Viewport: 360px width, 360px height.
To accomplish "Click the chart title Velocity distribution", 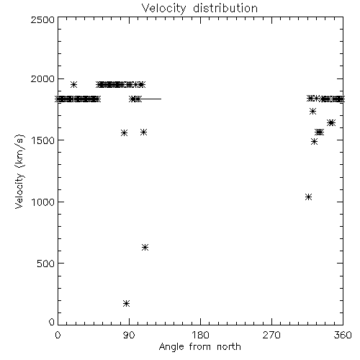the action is click(x=199, y=8).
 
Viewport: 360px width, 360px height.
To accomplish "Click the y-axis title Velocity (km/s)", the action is click(x=19, y=171).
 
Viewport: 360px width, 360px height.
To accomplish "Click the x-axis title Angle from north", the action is click(x=199, y=347).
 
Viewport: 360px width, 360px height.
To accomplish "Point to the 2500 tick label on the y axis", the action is click(x=42, y=19).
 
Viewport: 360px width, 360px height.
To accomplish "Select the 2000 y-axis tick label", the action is click(x=42, y=78).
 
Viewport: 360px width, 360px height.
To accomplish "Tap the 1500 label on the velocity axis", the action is click(x=43, y=140).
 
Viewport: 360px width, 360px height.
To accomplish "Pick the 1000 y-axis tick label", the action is click(x=43, y=202).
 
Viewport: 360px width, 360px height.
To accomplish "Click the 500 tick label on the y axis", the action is click(x=45, y=264).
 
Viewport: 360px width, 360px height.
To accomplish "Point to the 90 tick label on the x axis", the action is click(x=129, y=335).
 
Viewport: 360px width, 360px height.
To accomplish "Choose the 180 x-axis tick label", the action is click(x=200, y=335).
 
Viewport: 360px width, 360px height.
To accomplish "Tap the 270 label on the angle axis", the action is click(x=271, y=335).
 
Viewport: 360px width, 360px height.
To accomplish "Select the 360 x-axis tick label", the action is click(x=343, y=335).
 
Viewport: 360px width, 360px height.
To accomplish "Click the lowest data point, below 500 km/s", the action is click(x=126, y=304).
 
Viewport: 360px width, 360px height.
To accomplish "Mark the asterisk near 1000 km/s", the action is click(x=309, y=197).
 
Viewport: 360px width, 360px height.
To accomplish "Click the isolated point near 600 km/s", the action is click(x=145, y=247).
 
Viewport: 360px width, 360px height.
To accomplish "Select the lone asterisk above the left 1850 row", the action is click(x=73, y=84).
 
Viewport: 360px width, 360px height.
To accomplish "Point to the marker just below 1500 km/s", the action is click(x=314, y=142).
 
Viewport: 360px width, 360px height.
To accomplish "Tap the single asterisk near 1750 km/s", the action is click(x=312, y=111).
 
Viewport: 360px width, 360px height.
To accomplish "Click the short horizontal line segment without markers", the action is click(x=151, y=99).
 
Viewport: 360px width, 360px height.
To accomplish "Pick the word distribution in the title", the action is click(x=225, y=8).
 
